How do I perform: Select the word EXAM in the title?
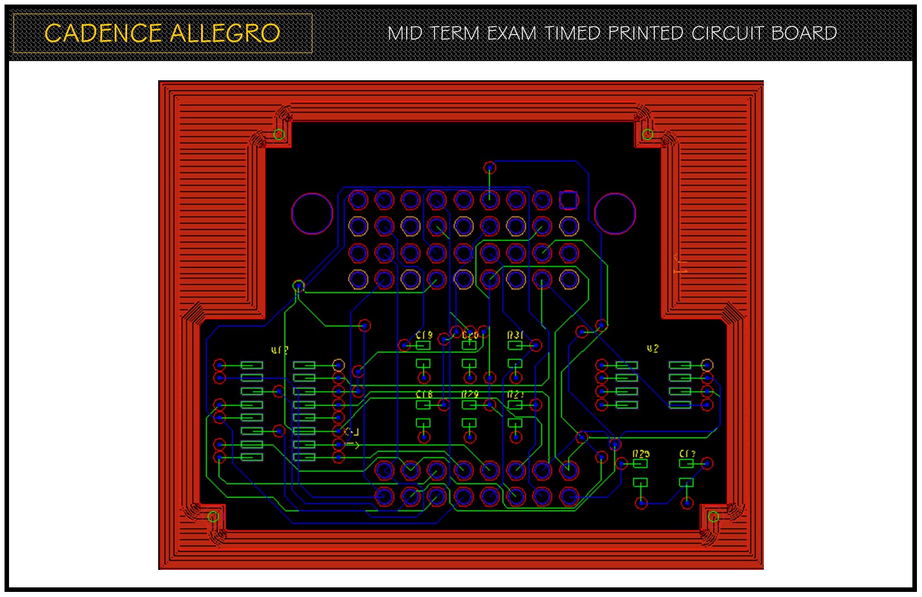tap(511, 33)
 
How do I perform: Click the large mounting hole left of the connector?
tap(312, 213)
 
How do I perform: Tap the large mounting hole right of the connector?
tap(615, 213)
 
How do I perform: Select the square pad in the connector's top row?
tap(568, 200)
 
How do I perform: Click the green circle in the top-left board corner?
tap(279, 134)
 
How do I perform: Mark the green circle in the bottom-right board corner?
tap(714, 516)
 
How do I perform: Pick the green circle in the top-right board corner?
tap(647, 134)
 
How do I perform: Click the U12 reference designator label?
tap(280, 351)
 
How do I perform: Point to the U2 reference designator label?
tap(653, 349)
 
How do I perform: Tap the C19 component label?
tap(424, 335)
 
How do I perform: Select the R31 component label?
tap(515, 335)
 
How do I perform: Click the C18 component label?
tap(424, 394)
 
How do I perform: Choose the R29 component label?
tap(470, 394)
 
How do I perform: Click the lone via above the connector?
tap(490, 167)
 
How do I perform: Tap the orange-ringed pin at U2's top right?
tap(707, 365)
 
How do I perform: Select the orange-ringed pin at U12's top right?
tap(338, 365)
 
